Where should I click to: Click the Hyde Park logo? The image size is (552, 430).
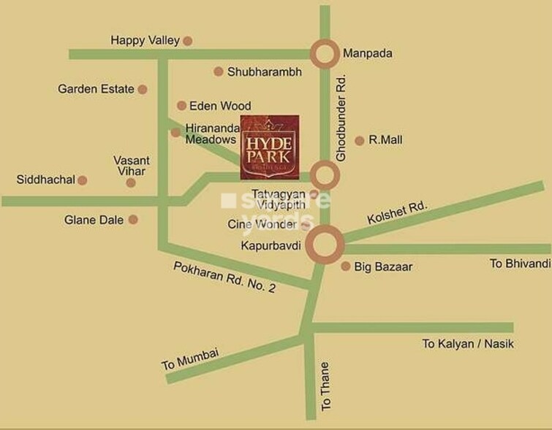(x=270, y=147)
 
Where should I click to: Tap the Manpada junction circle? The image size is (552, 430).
(x=325, y=53)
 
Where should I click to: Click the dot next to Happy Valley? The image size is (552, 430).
(x=188, y=41)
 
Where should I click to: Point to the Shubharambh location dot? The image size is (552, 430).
(x=218, y=72)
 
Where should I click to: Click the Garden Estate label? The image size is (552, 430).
(x=96, y=89)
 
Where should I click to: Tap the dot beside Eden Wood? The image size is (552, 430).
(x=181, y=106)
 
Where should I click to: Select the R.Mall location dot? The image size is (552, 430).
(x=359, y=140)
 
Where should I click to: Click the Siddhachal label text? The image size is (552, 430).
(x=45, y=180)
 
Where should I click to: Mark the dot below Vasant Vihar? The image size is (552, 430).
(x=131, y=183)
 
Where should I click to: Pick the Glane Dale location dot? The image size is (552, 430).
(x=133, y=219)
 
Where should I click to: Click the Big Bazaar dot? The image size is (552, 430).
(x=346, y=266)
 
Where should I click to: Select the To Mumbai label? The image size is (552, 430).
(x=190, y=358)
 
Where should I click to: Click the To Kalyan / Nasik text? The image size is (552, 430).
(x=468, y=343)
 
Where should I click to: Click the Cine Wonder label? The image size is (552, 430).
(x=262, y=225)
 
